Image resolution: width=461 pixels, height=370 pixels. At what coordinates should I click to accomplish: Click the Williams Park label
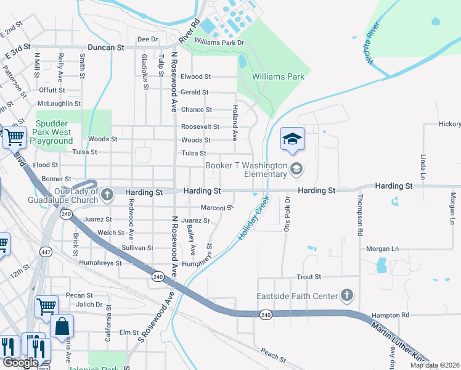tap(279, 76)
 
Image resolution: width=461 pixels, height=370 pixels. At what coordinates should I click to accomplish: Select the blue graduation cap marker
tap(292, 139)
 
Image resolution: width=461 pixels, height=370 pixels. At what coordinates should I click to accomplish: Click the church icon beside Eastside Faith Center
tap(347, 296)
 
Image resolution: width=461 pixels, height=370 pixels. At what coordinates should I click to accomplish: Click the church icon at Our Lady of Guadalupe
tap(107, 195)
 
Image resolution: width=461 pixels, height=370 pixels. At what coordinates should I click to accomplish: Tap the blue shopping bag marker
tap(62, 327)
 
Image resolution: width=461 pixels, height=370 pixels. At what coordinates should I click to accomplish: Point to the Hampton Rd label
tap(390, 315)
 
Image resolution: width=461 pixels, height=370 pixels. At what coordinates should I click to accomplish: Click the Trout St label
tap(309, 277)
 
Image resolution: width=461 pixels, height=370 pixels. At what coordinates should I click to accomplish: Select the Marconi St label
tap(216, 207)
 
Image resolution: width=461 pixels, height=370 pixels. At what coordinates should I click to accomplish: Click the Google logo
tap(20, 363)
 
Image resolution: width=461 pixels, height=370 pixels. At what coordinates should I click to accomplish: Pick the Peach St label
tap(273, 355)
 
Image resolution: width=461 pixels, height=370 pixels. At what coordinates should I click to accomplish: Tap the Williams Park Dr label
tap(219, 42)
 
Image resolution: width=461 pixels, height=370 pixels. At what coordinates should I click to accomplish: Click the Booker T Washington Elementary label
tap(247, 170)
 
